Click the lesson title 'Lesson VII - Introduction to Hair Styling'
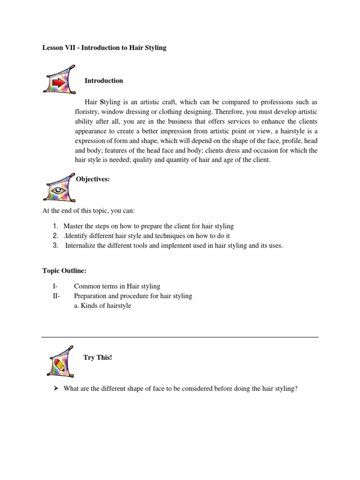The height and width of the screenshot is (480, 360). tap(105, 48)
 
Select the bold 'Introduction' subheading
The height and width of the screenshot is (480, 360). tap(104, 81)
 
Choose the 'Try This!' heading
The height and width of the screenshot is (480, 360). tap(97, 358)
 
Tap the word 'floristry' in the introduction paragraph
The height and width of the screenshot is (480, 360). tap(87, 112)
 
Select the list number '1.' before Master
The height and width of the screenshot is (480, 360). tap(55, 226)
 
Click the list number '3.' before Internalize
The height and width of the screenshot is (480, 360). tap(55, 245)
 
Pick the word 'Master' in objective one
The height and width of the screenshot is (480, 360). tap(74, 226)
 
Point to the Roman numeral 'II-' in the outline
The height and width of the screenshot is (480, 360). tap(56, 296)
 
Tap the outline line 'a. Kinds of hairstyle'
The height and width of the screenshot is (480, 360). tap(103, 306)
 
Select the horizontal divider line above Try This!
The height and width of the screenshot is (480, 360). tap(180, 337)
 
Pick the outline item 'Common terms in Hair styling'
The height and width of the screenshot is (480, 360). tap(117, 286)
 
